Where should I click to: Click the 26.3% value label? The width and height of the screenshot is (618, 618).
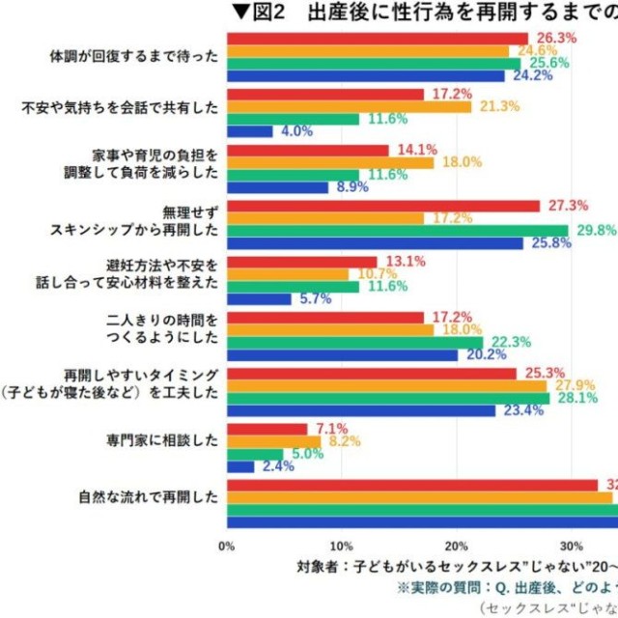(557, 38)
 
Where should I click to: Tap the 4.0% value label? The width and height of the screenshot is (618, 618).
(295, 131)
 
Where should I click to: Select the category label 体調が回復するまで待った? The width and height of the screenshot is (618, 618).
(134, 57)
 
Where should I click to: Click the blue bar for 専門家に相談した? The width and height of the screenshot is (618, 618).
(240, 466)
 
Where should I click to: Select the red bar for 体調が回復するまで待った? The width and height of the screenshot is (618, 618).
(378, 38)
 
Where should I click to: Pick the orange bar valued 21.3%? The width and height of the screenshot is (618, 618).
(349, 106)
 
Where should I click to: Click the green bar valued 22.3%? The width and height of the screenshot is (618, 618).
(354, 342)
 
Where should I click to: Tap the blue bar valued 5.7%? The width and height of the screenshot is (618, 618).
(259, 298)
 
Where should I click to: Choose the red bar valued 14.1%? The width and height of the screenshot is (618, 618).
(307, 151)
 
